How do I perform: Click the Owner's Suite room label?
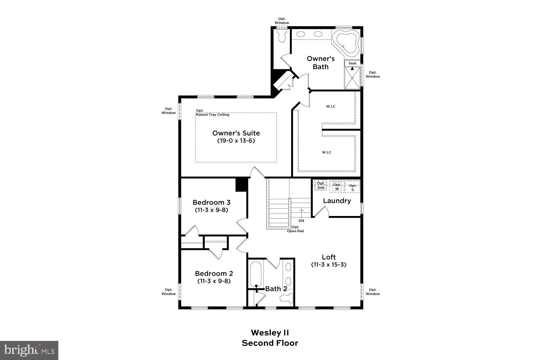(x=236, y=133)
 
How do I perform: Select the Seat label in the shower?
(x=352, y=63)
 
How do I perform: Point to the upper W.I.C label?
(x=331, y=106)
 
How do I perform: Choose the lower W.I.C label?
(x=327, y=152)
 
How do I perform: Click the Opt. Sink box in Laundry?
(x=321, y=185)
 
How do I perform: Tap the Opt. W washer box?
(x=337, y=186)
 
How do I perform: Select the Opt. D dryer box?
(x=352, y=187)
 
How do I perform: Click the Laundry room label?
(x=337, y=201)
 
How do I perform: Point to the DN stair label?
(x=301, y=221)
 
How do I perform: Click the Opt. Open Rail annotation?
(x=295, y=229)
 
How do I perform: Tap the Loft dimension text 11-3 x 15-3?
(x=329, y=265)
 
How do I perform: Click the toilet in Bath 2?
(x=287, y=298)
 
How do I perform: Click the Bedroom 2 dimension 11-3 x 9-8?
(x=214, y=281)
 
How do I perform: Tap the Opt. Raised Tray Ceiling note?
(x=212, y=113)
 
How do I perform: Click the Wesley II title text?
(x=270, y=332)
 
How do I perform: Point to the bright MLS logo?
(x=29, y=350)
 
